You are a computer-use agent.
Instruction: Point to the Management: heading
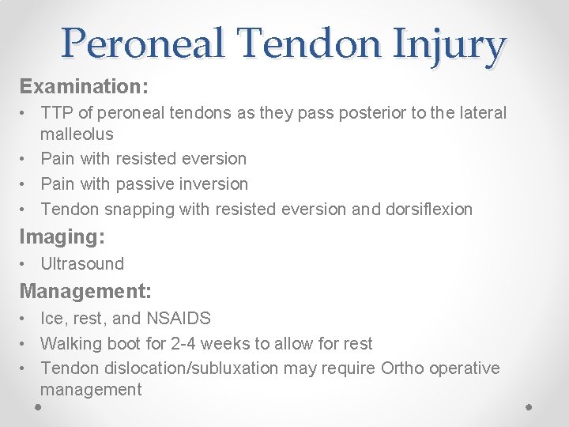pos(85,291)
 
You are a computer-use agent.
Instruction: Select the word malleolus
pos(77,134)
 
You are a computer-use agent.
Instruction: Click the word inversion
pos(214,184)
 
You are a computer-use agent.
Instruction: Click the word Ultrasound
pos(82,264)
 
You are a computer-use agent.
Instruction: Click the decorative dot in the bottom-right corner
pos(529,406)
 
